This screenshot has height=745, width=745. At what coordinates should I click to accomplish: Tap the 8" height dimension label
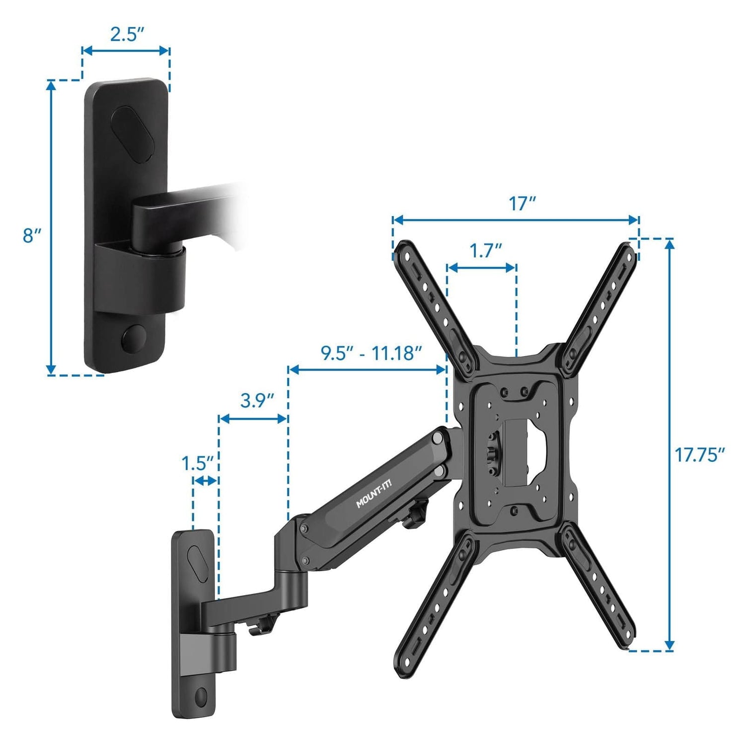click(x=31, y=235)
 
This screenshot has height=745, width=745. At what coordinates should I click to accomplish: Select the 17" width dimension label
click(x=521, y=204)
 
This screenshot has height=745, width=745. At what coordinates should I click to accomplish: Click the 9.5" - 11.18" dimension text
click(x=371, y=353)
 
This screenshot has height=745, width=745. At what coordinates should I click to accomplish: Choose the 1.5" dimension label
click(x=197, y=463)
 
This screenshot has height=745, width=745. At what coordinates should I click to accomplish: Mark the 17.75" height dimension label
click(x=700, y=455)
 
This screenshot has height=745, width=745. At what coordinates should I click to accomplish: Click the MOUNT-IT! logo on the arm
click(x=373, y=497)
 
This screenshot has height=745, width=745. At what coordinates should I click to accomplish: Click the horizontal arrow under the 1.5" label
click(x=205, y=481)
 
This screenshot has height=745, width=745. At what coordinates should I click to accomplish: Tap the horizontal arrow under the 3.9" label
click(x=253, y=419)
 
